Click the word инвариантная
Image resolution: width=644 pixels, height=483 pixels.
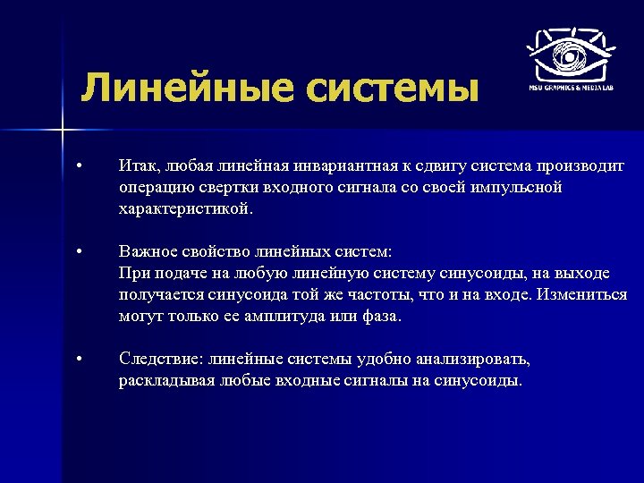click(x=347, y=166)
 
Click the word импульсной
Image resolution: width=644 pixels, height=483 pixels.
click(x=519, y=188)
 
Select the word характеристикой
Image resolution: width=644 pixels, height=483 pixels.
click(x=185, y=210)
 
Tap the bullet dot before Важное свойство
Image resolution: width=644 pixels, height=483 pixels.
click(x=80, y=252)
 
